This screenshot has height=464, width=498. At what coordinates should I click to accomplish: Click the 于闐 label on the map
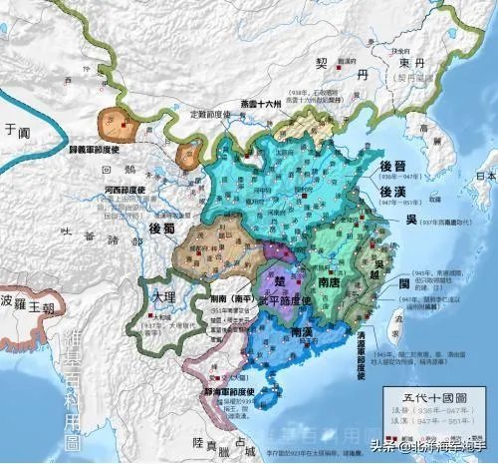coord(13,129)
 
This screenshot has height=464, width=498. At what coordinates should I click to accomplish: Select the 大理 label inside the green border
coord(161,298)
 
